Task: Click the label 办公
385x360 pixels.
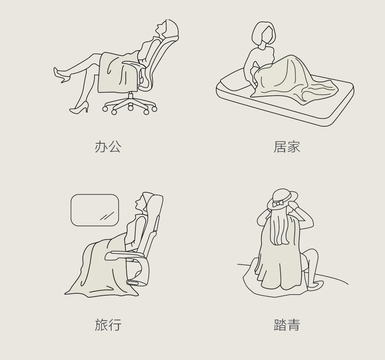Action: click(x=108, y=147)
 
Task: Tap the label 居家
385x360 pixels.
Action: click(x=287, y=147)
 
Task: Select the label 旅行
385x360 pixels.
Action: click(x=108, y=324)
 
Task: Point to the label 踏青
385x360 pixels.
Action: click(x=287, y=324)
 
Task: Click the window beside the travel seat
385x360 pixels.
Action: click(x=95, y=210)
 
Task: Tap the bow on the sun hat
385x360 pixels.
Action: click(x=277, y=204)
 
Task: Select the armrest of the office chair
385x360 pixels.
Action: click(x=134, y=64)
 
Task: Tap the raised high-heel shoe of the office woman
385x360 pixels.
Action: click(x=61, y=75)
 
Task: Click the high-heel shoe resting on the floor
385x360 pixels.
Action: click(x=79, y=108)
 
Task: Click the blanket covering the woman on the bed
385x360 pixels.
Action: click(x=292, y=78)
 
